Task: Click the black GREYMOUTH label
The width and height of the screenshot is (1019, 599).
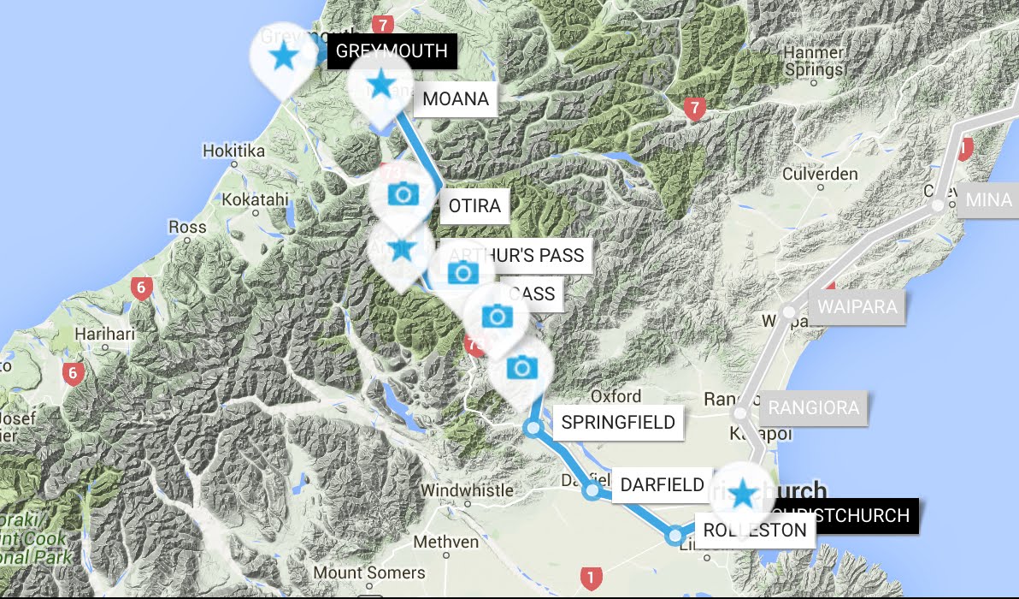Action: click(392, 51)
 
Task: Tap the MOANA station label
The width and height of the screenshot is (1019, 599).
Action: click(456, 99)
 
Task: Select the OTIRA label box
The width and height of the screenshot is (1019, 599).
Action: click(474, 206)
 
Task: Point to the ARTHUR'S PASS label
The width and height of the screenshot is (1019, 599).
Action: click(516, 255)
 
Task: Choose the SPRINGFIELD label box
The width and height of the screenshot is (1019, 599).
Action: click(618, 422)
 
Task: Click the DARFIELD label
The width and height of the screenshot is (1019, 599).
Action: click(662, 485)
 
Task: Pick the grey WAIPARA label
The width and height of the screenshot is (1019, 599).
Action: click(857, 307)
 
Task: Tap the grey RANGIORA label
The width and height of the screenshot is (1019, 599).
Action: click(813, 407)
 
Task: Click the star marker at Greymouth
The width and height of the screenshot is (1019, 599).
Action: click(281, 57)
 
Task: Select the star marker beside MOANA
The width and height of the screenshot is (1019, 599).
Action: click(380, 85)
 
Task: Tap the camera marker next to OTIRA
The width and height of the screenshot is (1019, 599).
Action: click(402, 193)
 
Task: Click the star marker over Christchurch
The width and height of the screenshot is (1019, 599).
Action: click(743, 493)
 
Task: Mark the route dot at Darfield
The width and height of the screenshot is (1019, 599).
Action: click(592, 491)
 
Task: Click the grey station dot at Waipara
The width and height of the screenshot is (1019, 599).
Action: click(789, 312)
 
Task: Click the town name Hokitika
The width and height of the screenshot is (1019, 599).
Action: click(233, 151)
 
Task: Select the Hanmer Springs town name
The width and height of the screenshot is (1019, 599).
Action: click(813, 61)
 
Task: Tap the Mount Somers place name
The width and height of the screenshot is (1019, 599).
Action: click(368, 572)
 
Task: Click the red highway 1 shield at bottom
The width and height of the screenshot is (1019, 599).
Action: click(589, 577)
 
